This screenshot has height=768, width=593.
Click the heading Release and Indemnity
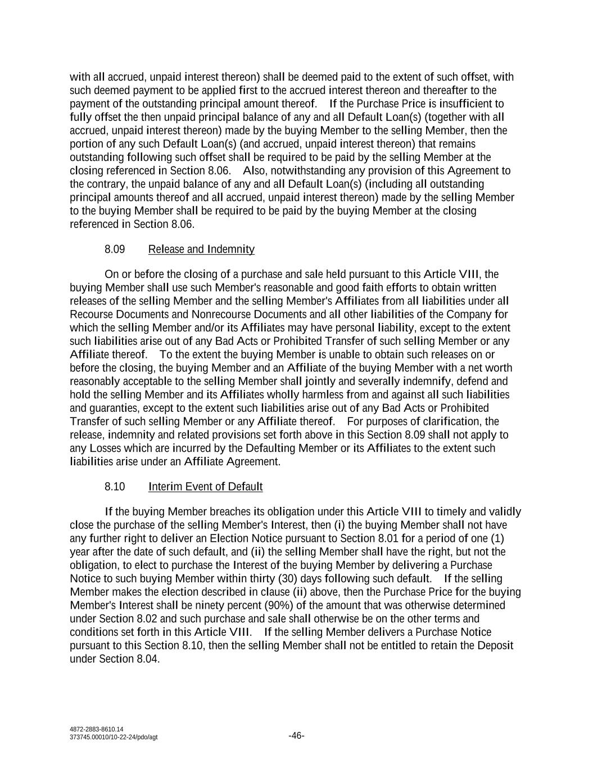tap(201, 249)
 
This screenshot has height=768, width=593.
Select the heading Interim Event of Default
tap(205, 487)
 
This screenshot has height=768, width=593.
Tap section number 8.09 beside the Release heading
tap(115, 249)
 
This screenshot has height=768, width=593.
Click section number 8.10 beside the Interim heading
tap(115, 487)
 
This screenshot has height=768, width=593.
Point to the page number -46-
tap(296, 736)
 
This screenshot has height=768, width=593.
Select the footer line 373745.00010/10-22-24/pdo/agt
tap(114, 738)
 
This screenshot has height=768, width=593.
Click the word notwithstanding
tap(313, 170)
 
